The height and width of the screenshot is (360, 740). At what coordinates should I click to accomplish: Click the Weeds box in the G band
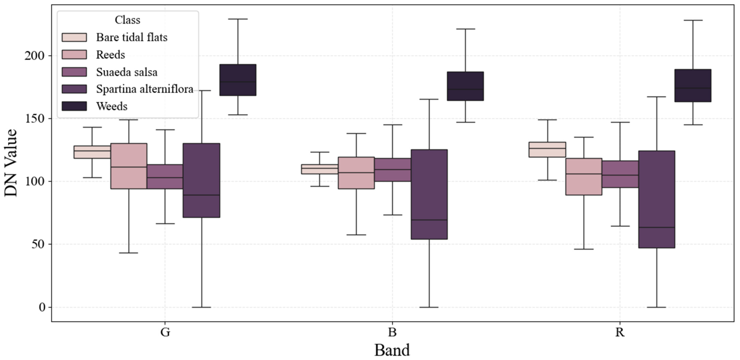tap(238, 80)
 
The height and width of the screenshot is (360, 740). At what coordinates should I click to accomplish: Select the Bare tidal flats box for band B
tap(319, 169)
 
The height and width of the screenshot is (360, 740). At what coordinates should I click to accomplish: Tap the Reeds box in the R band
tap(584, 176)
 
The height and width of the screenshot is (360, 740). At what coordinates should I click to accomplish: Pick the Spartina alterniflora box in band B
tap(429, 194)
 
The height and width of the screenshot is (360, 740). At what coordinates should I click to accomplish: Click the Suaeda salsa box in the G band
tap(165, 176)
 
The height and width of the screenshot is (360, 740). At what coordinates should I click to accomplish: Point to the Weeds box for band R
tap(693, 86)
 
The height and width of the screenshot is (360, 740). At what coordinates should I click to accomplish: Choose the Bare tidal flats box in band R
tap(547, 150)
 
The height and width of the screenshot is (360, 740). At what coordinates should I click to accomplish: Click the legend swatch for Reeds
tap(74, 54)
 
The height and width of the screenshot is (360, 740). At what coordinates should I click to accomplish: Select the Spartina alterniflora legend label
tap(144, 89)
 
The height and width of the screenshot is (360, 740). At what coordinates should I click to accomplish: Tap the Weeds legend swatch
tap(74, 106)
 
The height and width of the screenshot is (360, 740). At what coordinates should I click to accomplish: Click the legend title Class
tap(127, 20)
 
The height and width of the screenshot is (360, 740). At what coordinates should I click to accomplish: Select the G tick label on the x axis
tap(165, 332)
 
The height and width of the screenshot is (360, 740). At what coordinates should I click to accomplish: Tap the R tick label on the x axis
tap(620, 332)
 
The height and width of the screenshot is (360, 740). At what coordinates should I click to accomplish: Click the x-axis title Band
tap(392, 350)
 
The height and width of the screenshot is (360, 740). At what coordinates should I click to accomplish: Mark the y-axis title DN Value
tap(11, 163)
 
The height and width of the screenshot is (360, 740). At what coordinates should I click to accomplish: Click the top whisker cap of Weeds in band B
tap(465, 29)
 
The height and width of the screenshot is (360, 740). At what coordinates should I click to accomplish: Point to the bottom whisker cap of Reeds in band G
tap(129, 253)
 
